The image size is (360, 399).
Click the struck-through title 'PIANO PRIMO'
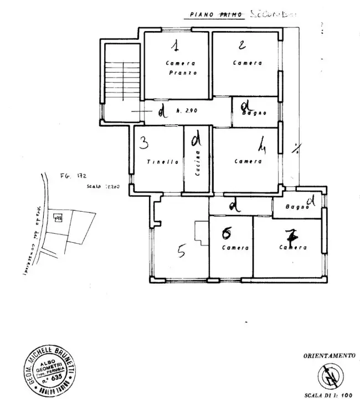click(215, 15)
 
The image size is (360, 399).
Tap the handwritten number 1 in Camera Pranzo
click(174, 45)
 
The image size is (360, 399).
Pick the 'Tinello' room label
click(163, 162)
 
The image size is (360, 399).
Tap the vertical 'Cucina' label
click(197, 164)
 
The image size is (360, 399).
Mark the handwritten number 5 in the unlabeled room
click(181, 253)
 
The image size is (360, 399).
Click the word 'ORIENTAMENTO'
click(328, 356)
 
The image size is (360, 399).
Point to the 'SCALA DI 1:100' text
click(328, 395)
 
